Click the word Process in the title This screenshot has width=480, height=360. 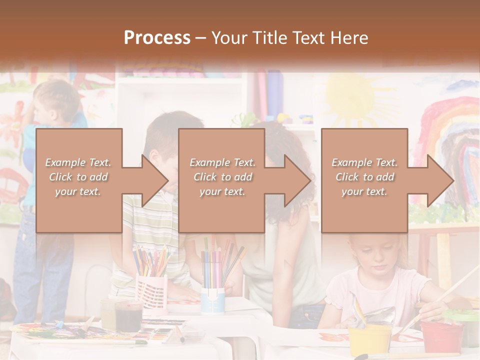pyautogui.click(x=157, y=38)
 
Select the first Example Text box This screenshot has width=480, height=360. pyautogui.click(x=78, y=180)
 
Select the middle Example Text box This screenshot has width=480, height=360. pyautogui.click(x=221, y=180)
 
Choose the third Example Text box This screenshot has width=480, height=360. pyautogui.click(x=364, y=180)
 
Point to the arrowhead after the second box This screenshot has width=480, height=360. pyautogui.click(x=297, y=180)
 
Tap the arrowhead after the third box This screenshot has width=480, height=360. pyautogui.click(x=440, y=180)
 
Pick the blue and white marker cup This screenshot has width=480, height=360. pyautogui.click(x=212, y=300)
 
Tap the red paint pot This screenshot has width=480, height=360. pyautogui.click(x=440, y=335)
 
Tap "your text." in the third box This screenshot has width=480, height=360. pyautogui.click(x=364, y=191)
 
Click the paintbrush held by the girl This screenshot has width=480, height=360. pyautogui.click(x=450, y=295)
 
